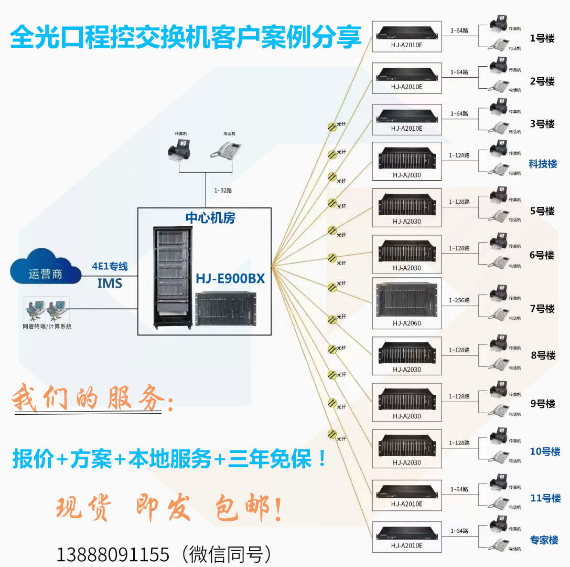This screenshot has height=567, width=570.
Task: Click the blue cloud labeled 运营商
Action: tap(46, 272)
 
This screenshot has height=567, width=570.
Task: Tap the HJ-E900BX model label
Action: tap(231, 278)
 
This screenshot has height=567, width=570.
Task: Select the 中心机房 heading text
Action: tap(210, 218)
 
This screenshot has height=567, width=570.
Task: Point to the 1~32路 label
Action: tap(223, 191)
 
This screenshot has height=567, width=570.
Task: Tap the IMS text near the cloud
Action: tap(110, 284)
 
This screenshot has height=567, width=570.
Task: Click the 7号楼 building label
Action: tap(542, 309)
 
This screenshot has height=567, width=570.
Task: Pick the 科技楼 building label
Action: tap(543, 164)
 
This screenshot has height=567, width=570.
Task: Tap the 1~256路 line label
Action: tap(459, 300)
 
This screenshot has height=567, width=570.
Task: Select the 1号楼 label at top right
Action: tap(542, 38)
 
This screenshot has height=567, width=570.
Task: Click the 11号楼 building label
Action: tap(545, 498)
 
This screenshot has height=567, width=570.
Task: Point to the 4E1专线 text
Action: tap(110, 266)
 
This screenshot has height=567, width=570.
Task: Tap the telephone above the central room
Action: tap(225, 149)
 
